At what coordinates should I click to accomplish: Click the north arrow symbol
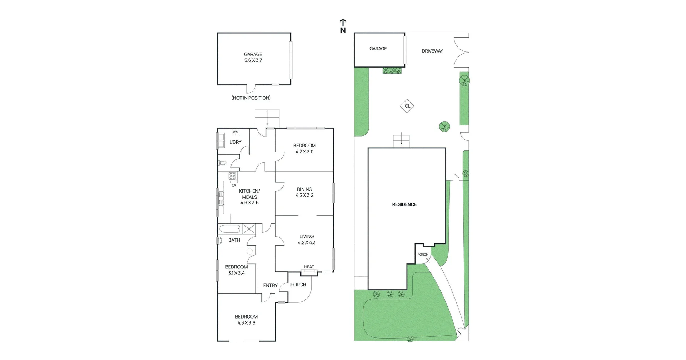(x=343, y=26)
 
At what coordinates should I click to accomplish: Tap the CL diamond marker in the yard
(x=407, y=106)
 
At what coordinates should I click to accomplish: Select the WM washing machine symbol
(x=235, y=132)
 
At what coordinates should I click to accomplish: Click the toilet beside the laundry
(x=222, y=163)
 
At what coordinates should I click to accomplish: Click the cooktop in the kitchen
(x=233, y=176)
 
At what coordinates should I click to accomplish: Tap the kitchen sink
(x=221, y=198)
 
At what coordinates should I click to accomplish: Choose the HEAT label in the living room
(x=309, y=267)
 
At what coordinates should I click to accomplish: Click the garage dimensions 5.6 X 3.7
(x=253, y=60)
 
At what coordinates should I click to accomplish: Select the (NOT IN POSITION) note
(x=251, y=98)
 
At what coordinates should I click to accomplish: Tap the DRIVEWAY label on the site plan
(x=432, y=51)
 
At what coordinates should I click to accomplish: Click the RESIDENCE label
(x=404, y=204)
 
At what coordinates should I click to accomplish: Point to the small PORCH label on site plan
(x=423, y=255)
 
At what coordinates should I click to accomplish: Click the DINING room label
(x=304, y=189)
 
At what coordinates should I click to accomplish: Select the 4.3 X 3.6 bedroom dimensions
(x=246, y=323)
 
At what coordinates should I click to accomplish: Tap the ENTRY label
(x=270, y=286)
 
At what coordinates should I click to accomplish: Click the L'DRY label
(x=235, y=142)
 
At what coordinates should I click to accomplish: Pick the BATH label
(x=234, y=240)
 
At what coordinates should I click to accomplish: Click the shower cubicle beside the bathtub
(x=249, y=228)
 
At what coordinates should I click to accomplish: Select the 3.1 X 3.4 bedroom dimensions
(x=237, y=273)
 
